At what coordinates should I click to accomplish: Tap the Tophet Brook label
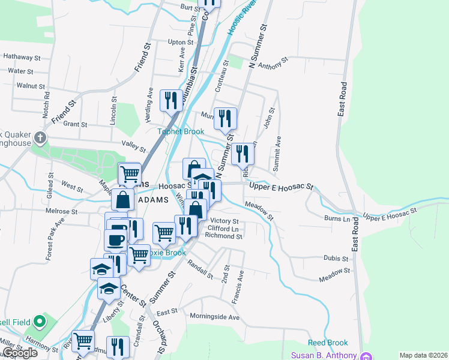click(x=181, y=131)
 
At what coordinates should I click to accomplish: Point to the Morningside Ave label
click(x=214, y=317)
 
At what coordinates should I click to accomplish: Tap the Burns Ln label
click(x=337, y=219)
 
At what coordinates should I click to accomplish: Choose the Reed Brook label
click(x=328, y=343)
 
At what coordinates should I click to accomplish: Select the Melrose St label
click(x=61, y=211)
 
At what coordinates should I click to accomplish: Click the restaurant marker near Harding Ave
click(x=171, y=101)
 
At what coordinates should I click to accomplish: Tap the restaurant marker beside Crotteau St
click(x=226, y=118)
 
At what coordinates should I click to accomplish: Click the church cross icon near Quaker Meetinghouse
click(x=40, y=138)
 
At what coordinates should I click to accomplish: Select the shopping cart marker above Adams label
click(x=129, y=174)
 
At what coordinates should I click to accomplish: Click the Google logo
click(x=20, y=353)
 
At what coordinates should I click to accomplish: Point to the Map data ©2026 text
click(x=423, y=355)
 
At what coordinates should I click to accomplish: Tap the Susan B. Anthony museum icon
click(x=365, y=355)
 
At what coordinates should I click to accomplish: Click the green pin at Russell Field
click(x=40, y=321)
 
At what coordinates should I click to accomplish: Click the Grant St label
click(x=76, y=125)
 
